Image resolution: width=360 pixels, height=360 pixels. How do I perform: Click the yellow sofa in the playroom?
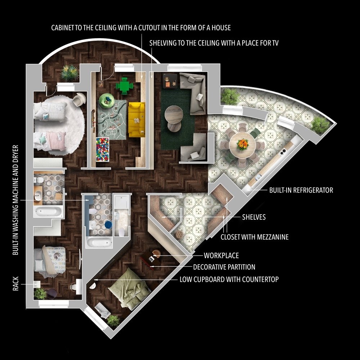pos(137,120)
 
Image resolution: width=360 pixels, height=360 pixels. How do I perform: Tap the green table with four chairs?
pos(125,86)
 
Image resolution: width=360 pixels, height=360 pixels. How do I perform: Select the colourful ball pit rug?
pos(102,149)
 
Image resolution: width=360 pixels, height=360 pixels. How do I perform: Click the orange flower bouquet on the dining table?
pos(242,144)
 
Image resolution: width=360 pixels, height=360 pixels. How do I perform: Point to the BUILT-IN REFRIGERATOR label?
pos(301,190)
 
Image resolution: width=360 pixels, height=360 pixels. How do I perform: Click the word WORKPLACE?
pos(221,255)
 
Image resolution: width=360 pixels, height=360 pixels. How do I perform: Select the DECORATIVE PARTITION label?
pos(224,267)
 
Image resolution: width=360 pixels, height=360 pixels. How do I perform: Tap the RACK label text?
pos(15,284)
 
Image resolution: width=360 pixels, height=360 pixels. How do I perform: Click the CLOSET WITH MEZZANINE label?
pos(255,237)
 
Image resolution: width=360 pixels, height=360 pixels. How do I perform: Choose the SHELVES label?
pos(254,217)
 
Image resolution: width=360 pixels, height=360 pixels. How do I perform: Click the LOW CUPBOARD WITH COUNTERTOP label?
pos(229,279)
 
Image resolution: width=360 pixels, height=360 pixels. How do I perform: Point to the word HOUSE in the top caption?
pos(221,28)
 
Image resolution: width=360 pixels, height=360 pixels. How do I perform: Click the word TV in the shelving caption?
pos(275,43)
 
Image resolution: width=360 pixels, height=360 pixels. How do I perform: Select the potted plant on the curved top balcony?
pos(69,73)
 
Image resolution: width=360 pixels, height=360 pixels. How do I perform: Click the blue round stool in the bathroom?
pos(108,225)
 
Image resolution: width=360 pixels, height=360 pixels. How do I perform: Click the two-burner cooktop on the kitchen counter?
pos(283,152)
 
